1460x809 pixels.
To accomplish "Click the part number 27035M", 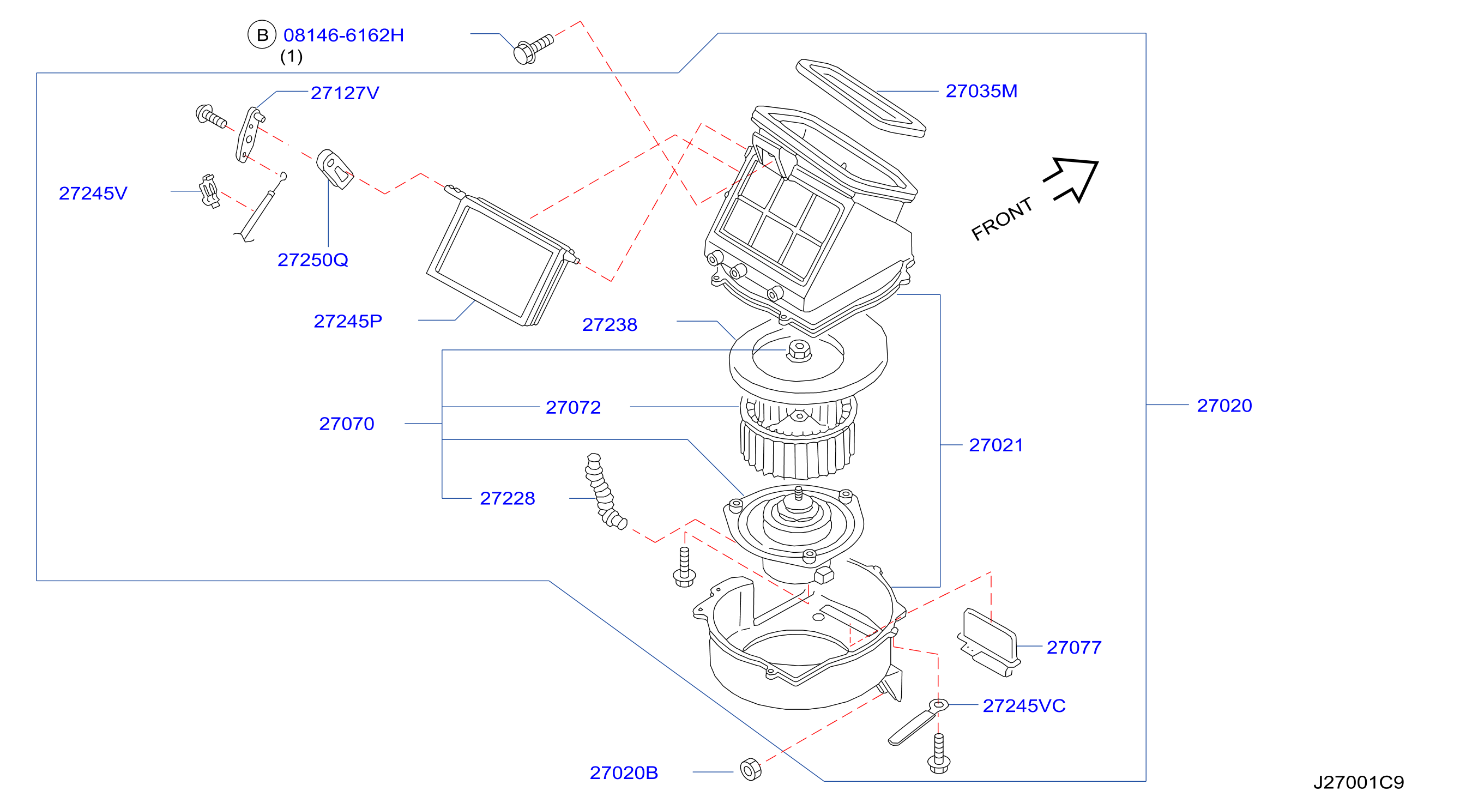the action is [x=981, y=90].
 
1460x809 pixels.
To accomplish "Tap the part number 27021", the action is [x=996, y=445].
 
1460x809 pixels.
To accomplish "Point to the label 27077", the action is [x=1073, y=647].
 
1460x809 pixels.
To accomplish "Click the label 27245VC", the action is [x=1024, y=705].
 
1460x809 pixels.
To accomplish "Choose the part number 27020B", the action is [x=624, y=772].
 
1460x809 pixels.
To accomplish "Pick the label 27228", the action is [x=507, y=498].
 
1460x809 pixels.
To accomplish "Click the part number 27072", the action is [x=573, y=407].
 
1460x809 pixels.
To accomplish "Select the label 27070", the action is [x=346, y=424].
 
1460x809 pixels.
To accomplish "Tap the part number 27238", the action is [x=610, y=324].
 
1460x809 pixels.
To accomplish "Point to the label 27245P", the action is [x=347, y=321].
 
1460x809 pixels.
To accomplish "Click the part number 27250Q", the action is [x=312, y=259].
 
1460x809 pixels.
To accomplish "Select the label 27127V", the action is [x=345, y=93].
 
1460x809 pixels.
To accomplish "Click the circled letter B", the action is [x=262, y=34].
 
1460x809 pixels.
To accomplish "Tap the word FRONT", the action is [x=1002, y=218].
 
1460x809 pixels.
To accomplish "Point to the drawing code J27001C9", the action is [x=1359, y=782].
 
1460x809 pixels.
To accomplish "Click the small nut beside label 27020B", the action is [x=751, y=769].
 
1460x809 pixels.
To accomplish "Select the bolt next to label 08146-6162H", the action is [x=533, y=49].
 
